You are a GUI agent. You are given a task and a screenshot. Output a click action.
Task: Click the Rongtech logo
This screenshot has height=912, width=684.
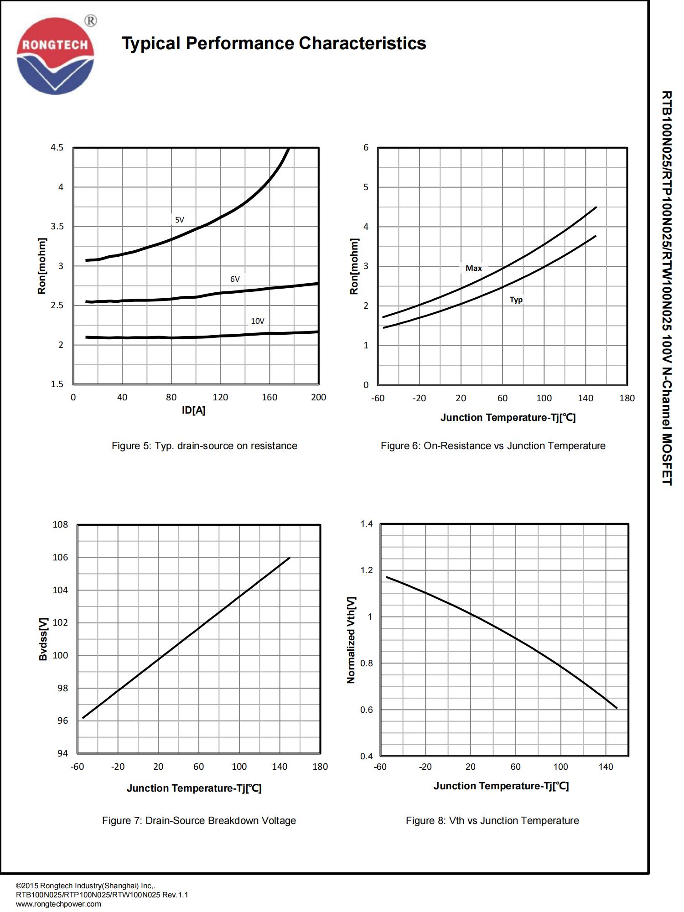tap(55, 56)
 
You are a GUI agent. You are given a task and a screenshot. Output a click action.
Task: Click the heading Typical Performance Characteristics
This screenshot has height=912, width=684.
tap(274, 44)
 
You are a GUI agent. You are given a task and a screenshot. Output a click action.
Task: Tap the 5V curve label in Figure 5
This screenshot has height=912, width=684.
tap(179, 220)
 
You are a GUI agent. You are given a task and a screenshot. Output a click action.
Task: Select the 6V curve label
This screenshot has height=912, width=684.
tap(235, 279)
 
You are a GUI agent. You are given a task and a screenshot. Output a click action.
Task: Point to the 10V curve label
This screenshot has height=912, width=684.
tap(257, 321)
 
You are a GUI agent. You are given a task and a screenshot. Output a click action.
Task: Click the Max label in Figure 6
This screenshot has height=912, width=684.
tap(473, 268)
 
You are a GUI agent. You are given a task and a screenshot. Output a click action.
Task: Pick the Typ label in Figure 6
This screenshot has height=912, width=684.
tap(516, 300)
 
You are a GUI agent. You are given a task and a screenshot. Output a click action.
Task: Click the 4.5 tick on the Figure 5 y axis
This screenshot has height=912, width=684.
tap(57, 148)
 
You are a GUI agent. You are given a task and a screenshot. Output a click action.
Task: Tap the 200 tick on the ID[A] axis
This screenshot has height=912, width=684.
tap(318, 397)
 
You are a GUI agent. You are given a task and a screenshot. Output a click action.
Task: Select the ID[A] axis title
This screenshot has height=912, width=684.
tap(194, 410)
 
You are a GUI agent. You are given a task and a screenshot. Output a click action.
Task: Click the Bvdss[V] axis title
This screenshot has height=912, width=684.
tap(43, 639)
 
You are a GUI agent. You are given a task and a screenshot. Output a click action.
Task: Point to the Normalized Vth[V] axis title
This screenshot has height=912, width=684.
tap(351, 640)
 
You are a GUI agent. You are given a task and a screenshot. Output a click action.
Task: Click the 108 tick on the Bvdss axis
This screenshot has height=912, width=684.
tap(60, 524)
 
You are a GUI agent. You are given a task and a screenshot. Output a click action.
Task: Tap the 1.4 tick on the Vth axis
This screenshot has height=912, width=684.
tap(367, 524)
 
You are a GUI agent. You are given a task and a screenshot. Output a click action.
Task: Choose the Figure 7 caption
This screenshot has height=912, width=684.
tap(199, 821)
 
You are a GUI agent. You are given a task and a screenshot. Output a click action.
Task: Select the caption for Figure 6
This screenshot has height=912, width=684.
tap(493, 446)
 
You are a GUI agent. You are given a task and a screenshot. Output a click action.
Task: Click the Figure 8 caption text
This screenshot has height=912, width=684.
tap(492, 821)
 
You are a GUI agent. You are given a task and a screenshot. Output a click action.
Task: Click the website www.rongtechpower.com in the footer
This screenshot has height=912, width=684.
tap(58, 904)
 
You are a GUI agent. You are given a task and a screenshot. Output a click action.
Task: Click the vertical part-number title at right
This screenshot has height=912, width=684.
tap(667, 288)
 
